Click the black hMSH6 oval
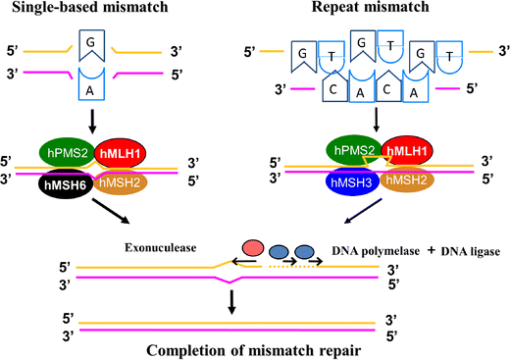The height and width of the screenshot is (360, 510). point(66,184)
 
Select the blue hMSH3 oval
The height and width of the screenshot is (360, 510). point(352,181)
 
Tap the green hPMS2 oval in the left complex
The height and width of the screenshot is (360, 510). point(68,152)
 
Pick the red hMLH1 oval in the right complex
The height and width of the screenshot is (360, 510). point(407,151)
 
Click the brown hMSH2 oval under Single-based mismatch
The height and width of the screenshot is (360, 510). point(121,182)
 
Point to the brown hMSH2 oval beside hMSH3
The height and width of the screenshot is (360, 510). point(407,180)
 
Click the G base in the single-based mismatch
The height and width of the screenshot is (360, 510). point(91,45)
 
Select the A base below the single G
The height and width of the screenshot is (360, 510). point(91,84)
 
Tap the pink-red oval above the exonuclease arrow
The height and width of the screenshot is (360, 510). point(253,247)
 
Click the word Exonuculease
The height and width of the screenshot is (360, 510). point(160,247)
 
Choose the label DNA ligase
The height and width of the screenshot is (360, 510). point(471,251)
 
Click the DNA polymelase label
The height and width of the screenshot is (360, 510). point(376,251)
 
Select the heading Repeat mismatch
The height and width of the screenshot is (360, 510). point(371,7)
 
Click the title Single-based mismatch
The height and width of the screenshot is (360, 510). point(90,7)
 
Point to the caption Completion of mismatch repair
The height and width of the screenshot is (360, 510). point(253,351)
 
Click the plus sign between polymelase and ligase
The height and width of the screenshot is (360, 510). point(432,250)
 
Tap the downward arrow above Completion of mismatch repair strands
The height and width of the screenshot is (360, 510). point(231,302)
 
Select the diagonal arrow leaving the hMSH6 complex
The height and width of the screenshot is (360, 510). point(111,211)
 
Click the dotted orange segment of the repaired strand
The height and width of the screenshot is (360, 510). point(292,267)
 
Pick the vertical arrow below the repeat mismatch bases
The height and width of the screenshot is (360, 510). point(376,120)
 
